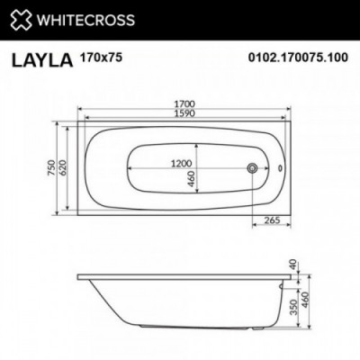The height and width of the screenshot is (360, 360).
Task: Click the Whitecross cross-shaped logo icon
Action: pos(21,20)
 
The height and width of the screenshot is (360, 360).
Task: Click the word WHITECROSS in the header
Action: pos(85,20)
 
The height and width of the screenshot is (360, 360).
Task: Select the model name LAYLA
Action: pos(42,59)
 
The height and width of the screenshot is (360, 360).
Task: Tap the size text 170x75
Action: pos(101,57)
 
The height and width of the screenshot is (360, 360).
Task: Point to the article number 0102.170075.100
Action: pos(298,57)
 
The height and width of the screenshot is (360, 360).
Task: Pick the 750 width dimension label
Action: pos(51,168)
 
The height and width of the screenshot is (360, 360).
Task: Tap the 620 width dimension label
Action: pos(63,168)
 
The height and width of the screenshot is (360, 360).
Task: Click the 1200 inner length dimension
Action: pos(181,164)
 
